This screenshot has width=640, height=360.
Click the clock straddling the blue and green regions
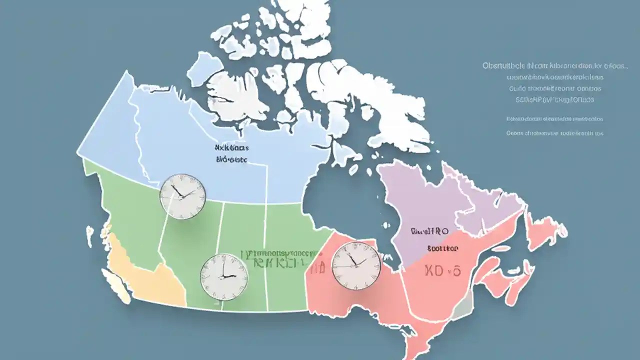pos(182,196)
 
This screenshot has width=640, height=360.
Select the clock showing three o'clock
pos(224,277)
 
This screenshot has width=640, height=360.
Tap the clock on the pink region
pos(356,265)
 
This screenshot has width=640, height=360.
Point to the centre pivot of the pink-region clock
pos(356,265)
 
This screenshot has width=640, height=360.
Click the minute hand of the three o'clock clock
pos(223,267)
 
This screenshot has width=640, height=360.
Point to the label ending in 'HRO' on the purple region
pos(429,231)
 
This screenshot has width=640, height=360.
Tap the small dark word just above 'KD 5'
pos(443,248)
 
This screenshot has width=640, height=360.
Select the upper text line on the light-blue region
pos(231,148)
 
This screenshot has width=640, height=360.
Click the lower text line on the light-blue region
pos(231,160)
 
